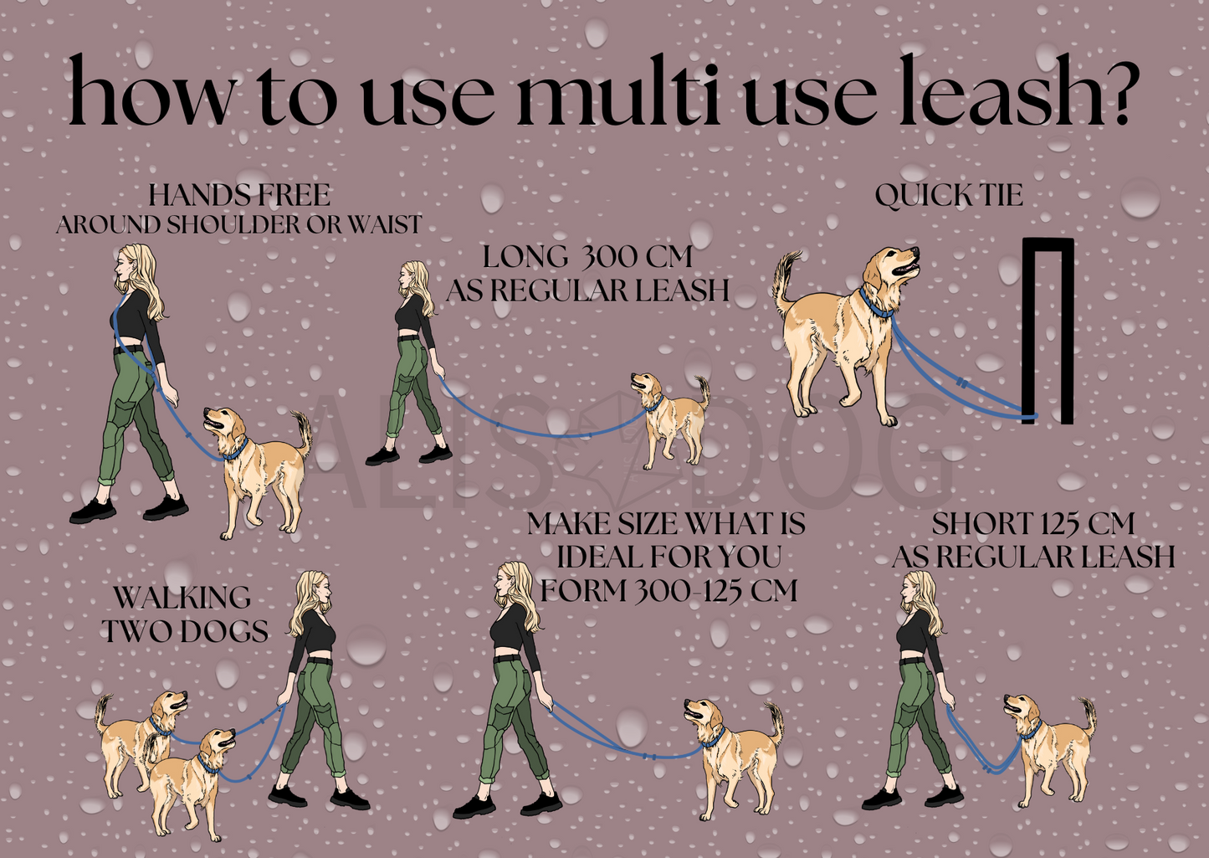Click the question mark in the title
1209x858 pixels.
(x=1115, y=92)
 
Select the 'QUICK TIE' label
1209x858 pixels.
(x=949, y=196)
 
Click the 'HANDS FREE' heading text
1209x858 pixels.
(x=239, y=196)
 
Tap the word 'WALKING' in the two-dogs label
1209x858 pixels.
(x=182, y=599)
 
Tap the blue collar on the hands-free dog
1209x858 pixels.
(x=236, y=450)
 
